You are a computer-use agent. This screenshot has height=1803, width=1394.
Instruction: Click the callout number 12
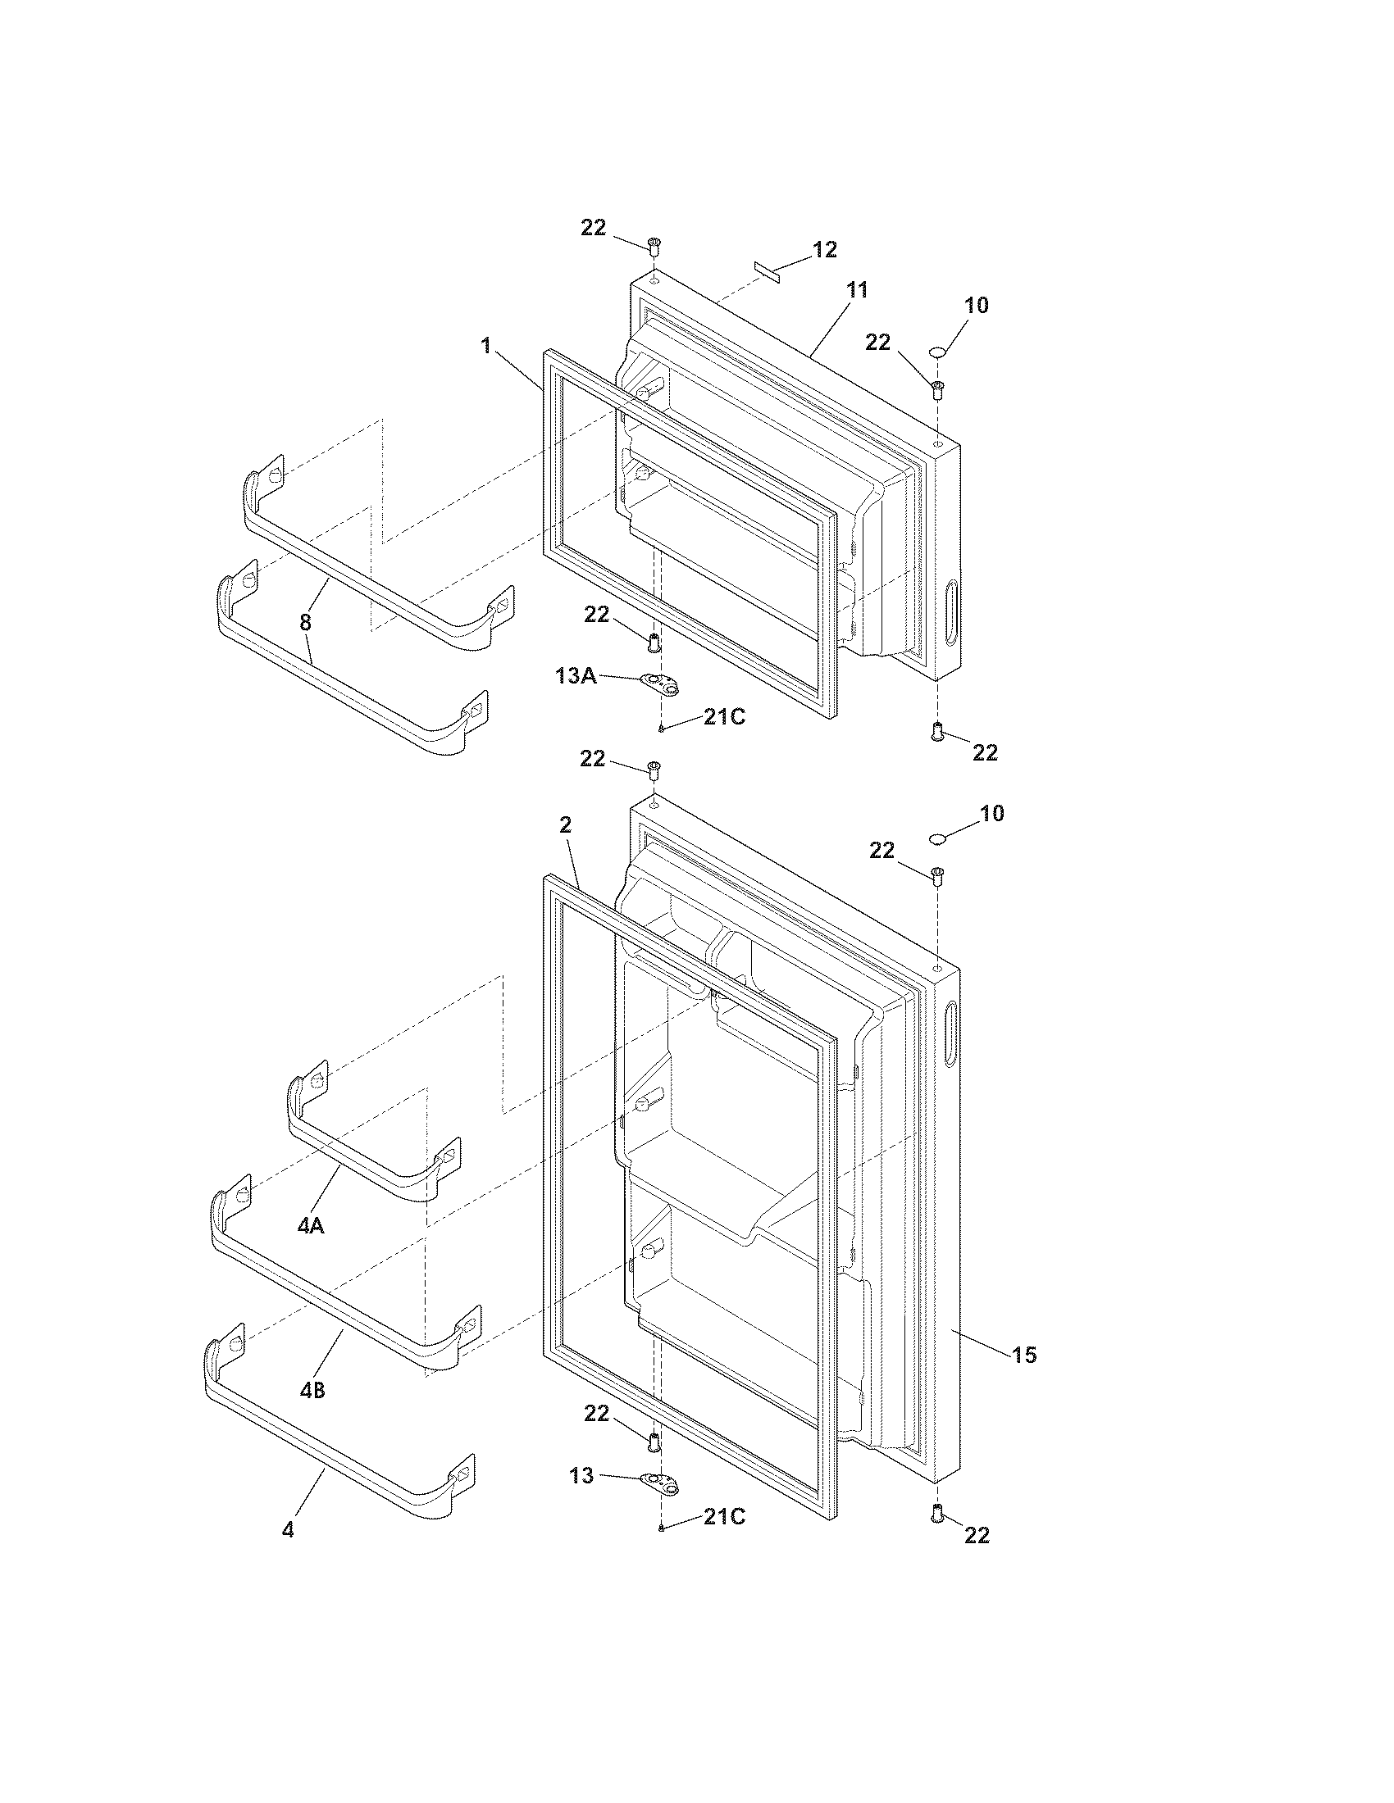(x=825, y=249)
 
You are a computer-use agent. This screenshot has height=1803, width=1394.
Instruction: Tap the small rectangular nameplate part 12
(x=768, y=273)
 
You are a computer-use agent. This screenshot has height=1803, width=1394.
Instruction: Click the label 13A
(x=576, y=676)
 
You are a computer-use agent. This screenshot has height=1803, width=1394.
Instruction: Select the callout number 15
(x=1024, y=1355)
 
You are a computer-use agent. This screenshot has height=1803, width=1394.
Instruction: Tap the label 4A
(x=311, y=1249)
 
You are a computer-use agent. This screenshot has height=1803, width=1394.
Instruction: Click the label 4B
(x=312, y=1390)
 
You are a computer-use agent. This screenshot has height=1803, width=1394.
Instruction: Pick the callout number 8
(x=306, y=622)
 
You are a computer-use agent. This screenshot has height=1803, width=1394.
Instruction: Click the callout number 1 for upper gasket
(x=486, y=345)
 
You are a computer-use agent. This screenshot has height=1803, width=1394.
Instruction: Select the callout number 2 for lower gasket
(x=565, y=824)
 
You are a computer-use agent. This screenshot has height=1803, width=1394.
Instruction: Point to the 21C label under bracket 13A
(x=723, y=717)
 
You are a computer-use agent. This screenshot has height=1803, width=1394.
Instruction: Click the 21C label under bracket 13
(x=723, y=1516)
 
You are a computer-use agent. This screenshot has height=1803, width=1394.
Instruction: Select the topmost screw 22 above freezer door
(x=654, y=245)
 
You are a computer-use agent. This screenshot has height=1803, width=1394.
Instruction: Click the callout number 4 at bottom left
(x=287, y=1530)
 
